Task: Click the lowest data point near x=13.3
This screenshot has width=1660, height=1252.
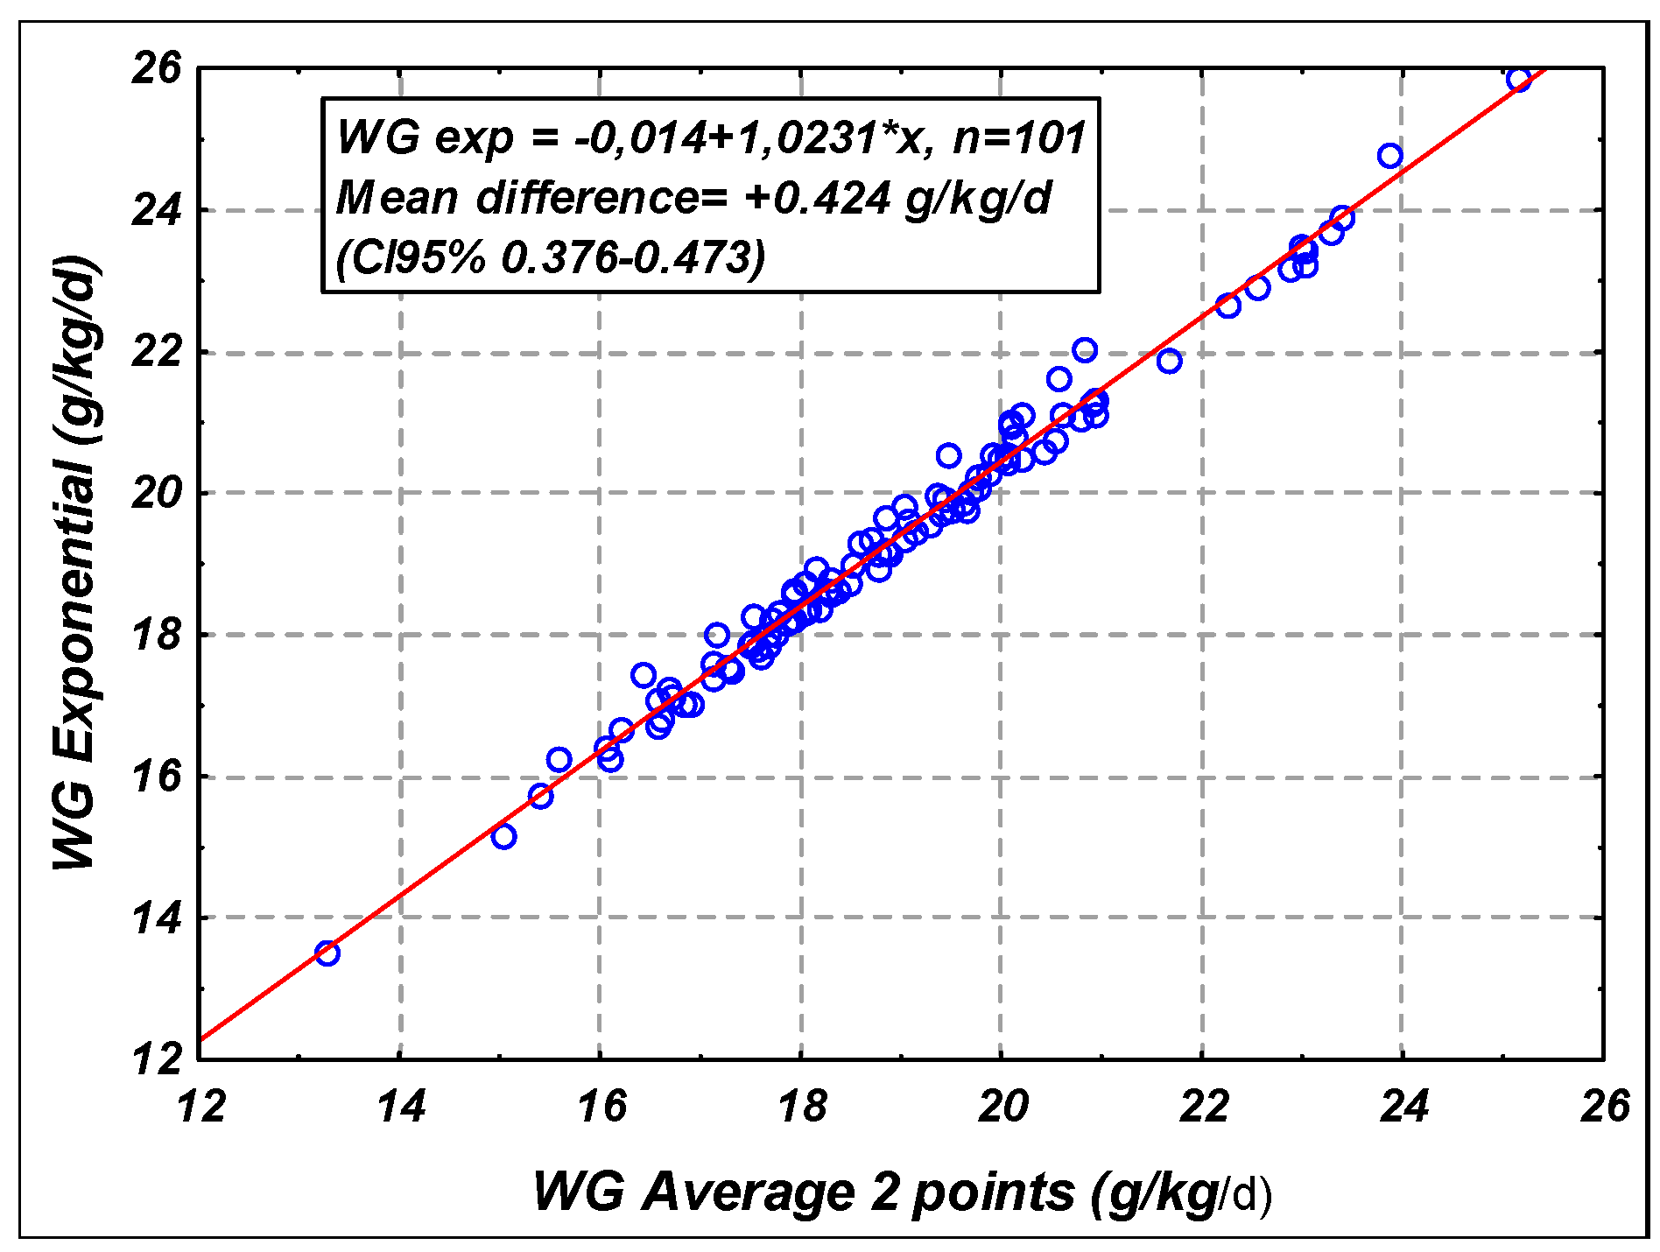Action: click(x=327, y=953)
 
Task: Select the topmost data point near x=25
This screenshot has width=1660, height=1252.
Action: click(x=1518, y=80)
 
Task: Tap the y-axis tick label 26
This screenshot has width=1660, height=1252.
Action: click(x=157, y=68)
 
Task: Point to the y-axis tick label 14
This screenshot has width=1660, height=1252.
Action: click(x=157, y=918)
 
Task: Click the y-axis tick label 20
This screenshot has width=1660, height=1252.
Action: click(x=157, y=494)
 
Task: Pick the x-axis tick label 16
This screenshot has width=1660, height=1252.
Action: click(x=602, y=1106)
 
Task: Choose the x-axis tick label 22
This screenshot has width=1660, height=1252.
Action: click(x=1204, y=1106)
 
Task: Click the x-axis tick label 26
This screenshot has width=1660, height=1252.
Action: click(x=1604, y=1106)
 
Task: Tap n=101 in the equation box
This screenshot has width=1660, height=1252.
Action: click(x=1019, y=137)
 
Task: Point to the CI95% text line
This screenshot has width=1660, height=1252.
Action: click(x=551, y=258)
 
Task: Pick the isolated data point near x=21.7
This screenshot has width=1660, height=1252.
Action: click(x=1169, y=361)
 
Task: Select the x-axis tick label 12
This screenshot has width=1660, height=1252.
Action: click(x=201, y=1106)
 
